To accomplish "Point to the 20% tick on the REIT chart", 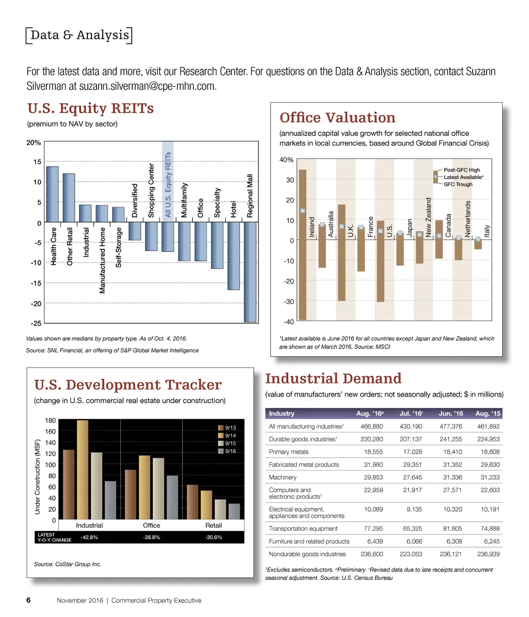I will [34, 143].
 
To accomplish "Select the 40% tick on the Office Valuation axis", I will [287, 160].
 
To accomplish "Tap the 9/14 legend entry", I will [230, 435].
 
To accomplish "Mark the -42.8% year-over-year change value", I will [90, 537].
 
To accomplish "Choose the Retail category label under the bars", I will [213, 525].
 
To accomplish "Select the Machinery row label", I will [283, 477].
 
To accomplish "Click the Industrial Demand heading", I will [333, 378].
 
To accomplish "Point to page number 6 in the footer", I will [29, 600].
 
